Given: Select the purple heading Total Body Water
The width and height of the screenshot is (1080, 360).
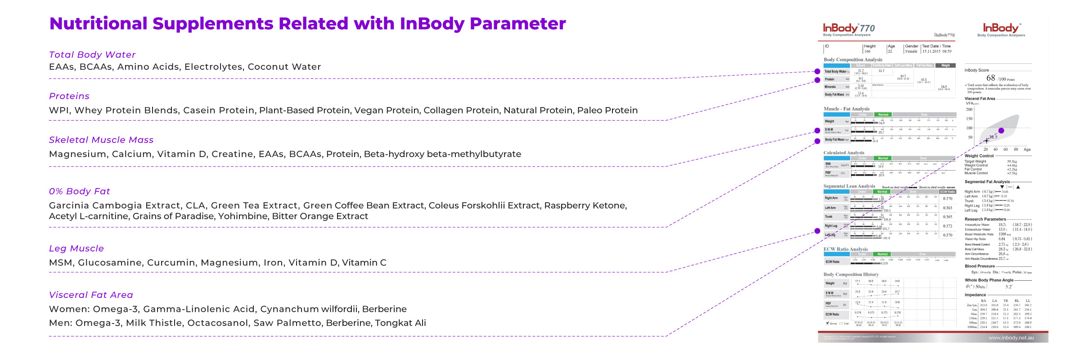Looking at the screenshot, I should click(x=92, y=54).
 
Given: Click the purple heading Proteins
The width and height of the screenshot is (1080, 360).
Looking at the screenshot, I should click(x=69, y=96).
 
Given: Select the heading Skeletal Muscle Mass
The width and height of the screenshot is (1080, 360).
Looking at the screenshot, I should click(x=101, y=140).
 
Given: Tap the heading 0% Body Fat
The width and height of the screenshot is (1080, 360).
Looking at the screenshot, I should click(x=79, y=191).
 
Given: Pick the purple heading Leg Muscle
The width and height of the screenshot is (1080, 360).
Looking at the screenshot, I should click(x=76, y=248).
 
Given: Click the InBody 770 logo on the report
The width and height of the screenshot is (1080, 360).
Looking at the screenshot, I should click(x=849, y=28).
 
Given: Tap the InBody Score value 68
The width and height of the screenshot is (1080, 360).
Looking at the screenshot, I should click(x=990, y=78).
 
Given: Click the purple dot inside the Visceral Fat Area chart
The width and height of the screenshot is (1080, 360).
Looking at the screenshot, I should click(x=1001, y=130).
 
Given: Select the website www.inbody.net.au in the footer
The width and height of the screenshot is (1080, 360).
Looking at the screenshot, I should click(x=1011, y=337).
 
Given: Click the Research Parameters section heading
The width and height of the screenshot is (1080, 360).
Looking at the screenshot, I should click(x=985, y=219).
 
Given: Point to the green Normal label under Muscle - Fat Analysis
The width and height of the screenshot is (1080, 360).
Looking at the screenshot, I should click(x=883, y=114).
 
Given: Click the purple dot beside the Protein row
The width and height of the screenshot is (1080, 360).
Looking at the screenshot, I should click(x=817, y=80).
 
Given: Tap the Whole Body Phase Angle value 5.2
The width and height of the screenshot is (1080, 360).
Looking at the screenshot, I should click(x=1008, y=286).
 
